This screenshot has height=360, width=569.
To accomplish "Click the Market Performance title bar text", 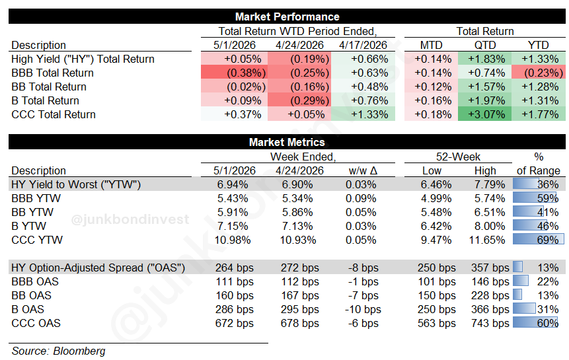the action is tap(287, 17).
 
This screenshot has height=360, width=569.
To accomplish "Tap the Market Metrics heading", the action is tap(287, 142).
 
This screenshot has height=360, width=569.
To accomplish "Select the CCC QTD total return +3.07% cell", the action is tap(485, 114).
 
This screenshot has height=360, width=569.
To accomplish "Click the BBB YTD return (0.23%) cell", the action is tap(539, 73).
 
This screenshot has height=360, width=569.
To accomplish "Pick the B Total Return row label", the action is tap(45, 100).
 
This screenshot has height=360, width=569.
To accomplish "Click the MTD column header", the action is tap(431, 45).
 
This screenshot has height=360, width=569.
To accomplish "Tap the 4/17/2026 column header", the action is tap(363, 45).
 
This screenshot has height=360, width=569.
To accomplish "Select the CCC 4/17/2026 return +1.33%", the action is tap(369, 114).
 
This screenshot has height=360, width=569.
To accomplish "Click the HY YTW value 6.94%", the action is tap(233, 184).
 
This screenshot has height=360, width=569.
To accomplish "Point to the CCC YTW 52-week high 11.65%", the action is tap(487, 240).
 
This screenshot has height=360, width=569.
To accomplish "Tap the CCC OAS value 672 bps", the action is tap(235, 323).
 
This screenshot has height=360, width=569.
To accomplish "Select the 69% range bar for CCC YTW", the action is tap(539, 239).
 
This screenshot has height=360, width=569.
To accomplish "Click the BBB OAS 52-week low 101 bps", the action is tap(437, 281).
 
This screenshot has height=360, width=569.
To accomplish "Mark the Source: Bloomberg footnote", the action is tap(58, 351).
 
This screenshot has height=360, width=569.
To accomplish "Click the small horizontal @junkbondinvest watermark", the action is tap(130, 219).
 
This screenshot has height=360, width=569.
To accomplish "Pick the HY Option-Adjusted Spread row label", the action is tap(98, 268).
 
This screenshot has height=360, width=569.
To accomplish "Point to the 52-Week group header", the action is tap(458, 157).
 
